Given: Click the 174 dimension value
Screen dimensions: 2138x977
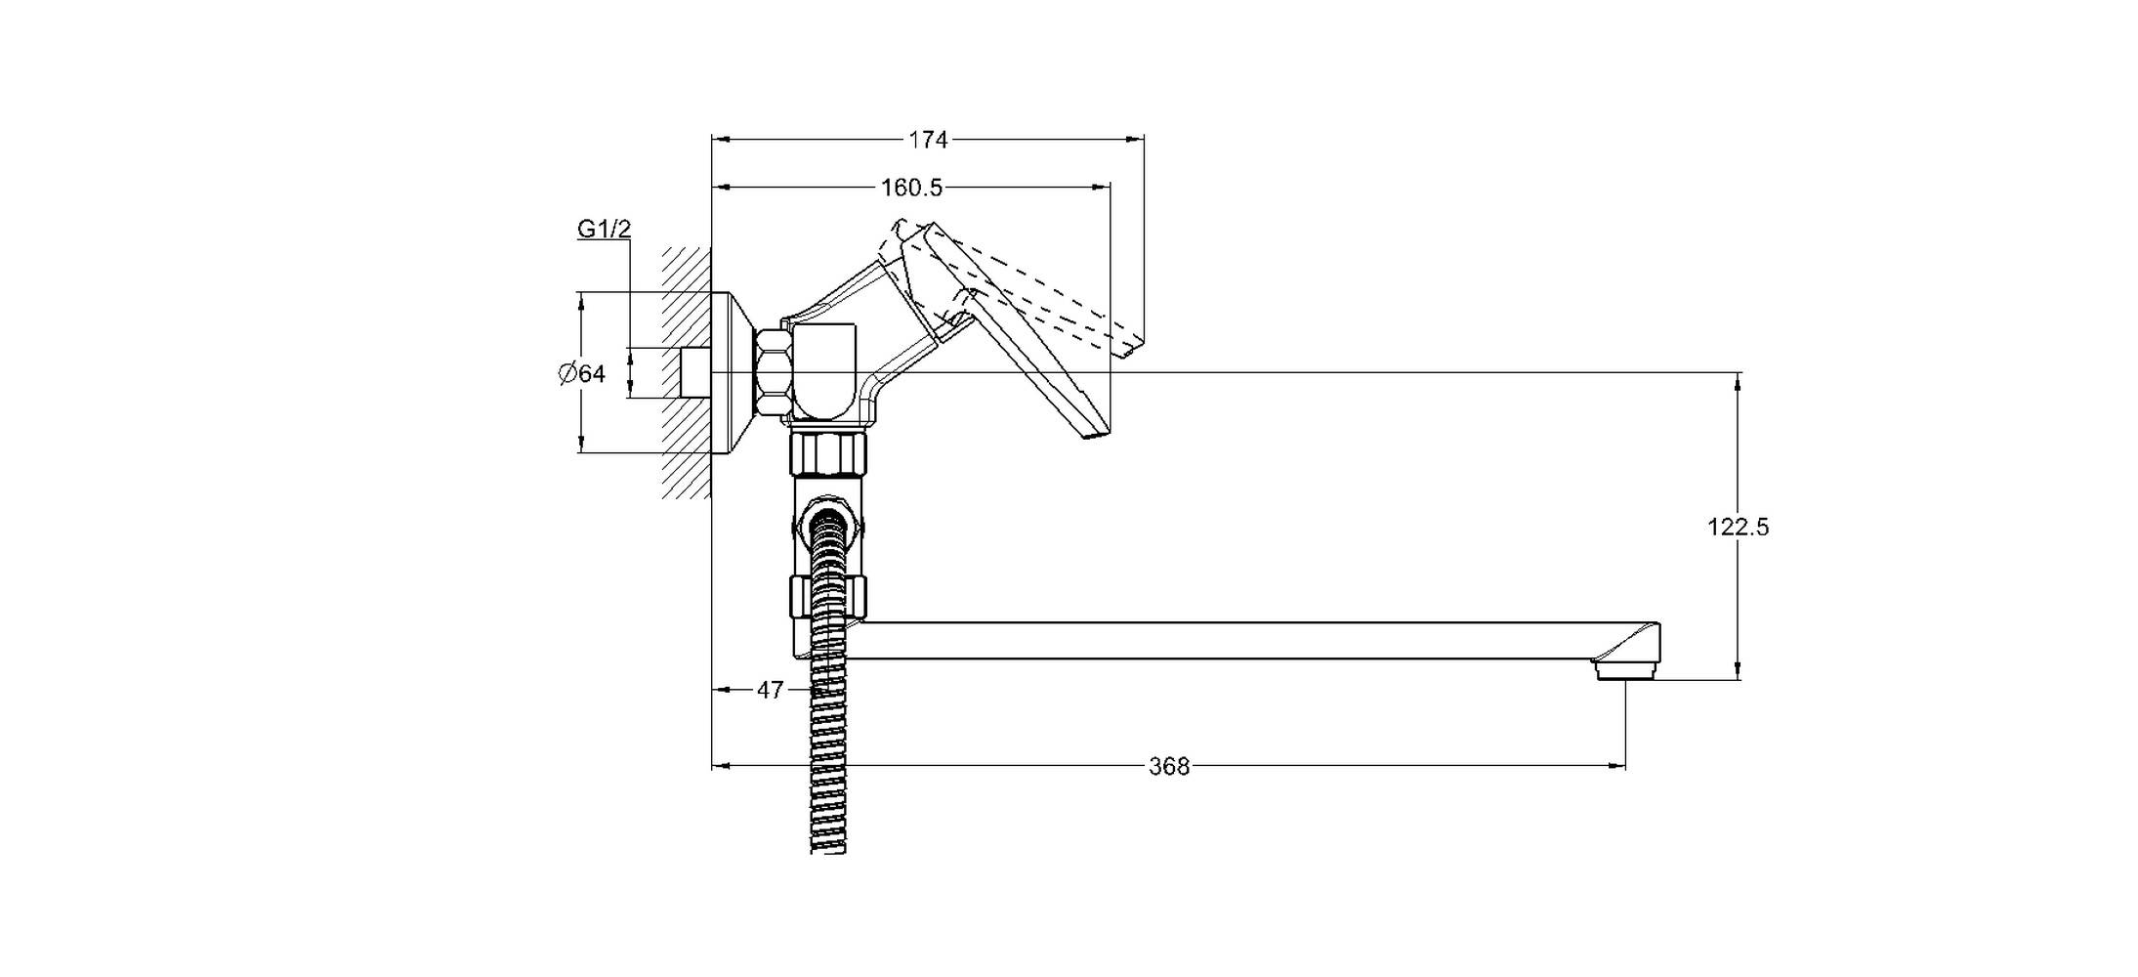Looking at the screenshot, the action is [x=928, y=140].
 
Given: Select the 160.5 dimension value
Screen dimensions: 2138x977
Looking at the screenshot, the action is [x=912, y=187].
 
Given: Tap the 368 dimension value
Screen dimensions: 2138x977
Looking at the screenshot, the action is [x=1169, y=766].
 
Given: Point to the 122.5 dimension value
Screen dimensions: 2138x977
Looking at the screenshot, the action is [x=1738, y=527].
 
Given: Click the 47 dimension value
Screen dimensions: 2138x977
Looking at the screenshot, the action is [x=770, y=690].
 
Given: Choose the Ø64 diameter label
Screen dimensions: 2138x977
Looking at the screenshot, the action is [x=582, y=373].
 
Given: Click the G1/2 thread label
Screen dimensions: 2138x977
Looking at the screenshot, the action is [x=605, y=229].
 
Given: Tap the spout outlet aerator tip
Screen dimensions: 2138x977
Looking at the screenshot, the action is [x=1626, y=669].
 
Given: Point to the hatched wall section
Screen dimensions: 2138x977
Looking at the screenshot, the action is [x=687, y=372].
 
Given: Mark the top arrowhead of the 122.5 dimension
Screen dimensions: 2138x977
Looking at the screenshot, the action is [x=1738, y=381].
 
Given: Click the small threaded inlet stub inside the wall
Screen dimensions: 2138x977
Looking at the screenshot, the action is [x=695, y=372].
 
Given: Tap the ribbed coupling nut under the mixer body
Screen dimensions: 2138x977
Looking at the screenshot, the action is [x=828, y=453].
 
